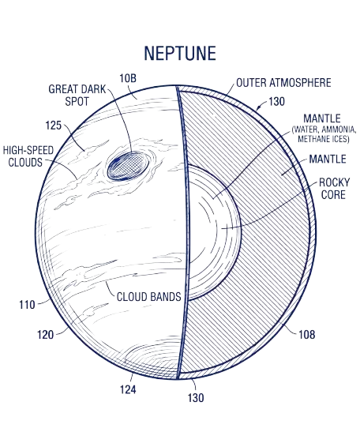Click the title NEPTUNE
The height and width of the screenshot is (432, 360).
[180, 53]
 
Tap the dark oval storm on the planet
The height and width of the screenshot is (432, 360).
[128, 167]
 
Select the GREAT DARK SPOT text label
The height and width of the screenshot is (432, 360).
[77, 96]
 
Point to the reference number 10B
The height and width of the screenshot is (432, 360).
[128, 78]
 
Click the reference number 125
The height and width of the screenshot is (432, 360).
[54, 126]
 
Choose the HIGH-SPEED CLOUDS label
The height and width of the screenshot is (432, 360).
[28, 156]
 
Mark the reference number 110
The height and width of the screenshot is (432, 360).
[27, 305]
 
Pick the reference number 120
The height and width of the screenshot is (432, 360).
[45, 335]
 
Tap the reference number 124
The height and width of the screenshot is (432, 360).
[128, 389]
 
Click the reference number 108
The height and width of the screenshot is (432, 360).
[306, 335]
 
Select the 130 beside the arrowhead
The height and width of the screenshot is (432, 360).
[276, 102]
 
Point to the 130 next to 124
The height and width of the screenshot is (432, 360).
[196, 398]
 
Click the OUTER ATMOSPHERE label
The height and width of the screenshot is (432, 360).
[283, 83]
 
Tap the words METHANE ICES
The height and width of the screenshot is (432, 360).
[324, 139]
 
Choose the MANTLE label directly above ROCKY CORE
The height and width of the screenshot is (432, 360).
[328, 159]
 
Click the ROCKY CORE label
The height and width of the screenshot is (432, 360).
[334, 189]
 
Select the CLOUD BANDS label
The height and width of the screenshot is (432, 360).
[148, 297]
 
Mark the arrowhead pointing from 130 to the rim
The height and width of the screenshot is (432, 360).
[258, 107]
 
